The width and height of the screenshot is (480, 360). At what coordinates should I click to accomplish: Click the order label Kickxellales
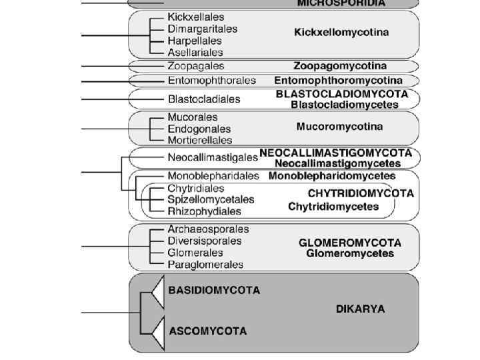pos(196,17)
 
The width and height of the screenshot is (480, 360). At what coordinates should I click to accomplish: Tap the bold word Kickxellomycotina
pos(341,32)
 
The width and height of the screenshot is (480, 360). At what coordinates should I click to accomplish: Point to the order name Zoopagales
pos(195,66)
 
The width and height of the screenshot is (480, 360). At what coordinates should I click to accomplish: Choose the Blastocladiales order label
pos(204,99)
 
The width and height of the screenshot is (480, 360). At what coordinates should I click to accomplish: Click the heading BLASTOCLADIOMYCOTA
pos(345,95)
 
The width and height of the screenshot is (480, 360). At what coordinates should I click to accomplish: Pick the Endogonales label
pos(199,129)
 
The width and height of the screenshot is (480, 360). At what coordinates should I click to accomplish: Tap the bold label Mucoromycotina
pos(339,126)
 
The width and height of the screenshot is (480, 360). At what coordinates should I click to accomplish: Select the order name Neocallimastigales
pos(212,158)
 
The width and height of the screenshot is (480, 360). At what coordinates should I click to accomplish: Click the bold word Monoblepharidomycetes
pos(332,177)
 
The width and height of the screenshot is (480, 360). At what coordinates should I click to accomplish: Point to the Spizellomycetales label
pos(211,199)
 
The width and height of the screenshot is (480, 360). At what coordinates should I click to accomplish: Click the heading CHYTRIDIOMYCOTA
pos(361,193)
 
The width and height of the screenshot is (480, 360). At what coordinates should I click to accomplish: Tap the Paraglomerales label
pos(205,265)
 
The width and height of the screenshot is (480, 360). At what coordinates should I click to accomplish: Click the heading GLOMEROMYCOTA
pos(349,243)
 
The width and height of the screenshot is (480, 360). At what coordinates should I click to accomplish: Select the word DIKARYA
pos(360,309)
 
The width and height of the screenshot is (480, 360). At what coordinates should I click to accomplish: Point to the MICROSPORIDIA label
pos(341,3)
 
